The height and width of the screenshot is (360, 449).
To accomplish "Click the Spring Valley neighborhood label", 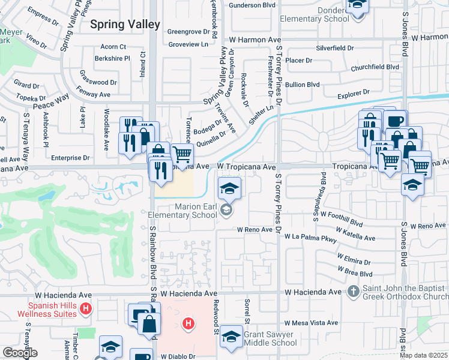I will (125, 25).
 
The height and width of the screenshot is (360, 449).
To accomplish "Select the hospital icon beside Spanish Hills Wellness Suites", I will (86, 309).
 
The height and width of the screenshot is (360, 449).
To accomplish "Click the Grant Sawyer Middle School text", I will (270, 338).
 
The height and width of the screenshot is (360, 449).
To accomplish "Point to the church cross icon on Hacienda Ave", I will (354, 292).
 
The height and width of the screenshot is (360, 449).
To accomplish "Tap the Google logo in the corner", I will (19, 353).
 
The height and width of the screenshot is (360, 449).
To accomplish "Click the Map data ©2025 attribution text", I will (423, 355).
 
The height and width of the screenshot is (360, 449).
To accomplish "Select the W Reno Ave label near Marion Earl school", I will (255, 229).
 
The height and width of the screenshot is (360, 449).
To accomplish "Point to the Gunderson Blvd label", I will (253, 5).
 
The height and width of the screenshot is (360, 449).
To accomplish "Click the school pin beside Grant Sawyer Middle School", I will (231, 336).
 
